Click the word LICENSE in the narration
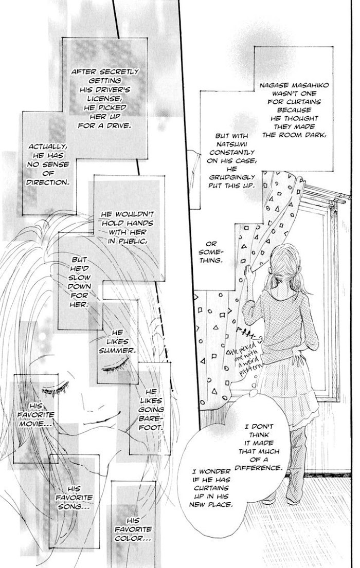point(101,99)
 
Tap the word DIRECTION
point(47,182)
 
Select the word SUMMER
point(117,350)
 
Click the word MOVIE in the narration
point(35,424)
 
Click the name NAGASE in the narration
point(273,85)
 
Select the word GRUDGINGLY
point(231,177)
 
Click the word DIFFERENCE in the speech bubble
point(258,468)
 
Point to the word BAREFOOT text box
point(150,409)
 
